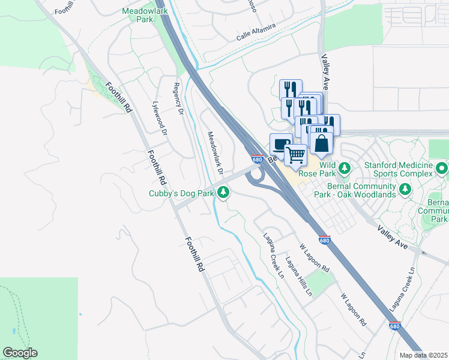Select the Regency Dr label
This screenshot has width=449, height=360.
pos(177,99)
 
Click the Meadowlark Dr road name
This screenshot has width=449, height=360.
pos(215,154)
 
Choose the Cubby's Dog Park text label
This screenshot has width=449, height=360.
pos(181,194)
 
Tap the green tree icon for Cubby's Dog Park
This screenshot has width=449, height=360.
pos(223,193)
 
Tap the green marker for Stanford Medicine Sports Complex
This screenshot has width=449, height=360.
pos(442,168)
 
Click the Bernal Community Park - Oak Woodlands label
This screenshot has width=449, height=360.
pos(354,190)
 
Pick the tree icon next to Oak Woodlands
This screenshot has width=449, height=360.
pos(406,190)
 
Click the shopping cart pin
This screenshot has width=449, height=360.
pos(295,155)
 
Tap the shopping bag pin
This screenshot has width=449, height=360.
pos(322,143)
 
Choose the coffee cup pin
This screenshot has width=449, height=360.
pos(280,144)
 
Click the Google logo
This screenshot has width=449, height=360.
pos(20,353)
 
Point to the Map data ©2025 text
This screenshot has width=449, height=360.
pos(423,355)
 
